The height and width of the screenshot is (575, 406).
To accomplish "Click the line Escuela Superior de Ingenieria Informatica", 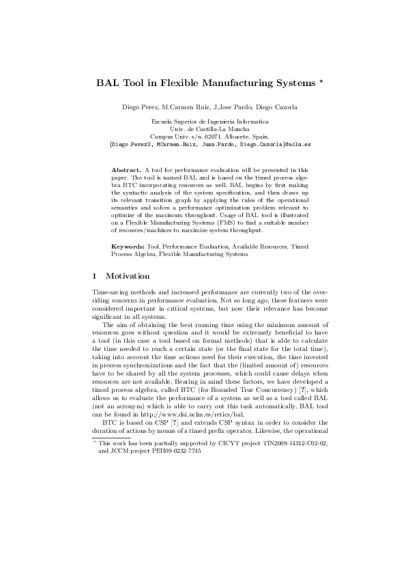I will (203, 122).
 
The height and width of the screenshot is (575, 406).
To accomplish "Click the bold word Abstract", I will (126, 168).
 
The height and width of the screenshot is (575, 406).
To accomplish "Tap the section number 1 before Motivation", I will (95, 276).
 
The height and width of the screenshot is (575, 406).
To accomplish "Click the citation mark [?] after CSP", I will (156, 402).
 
